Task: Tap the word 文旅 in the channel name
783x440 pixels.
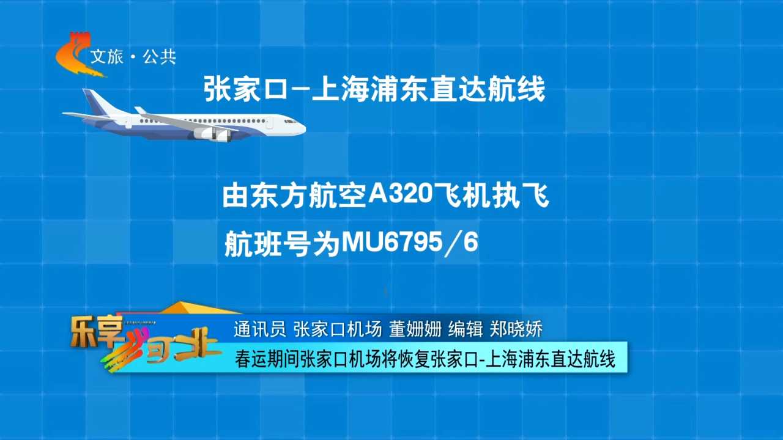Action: [x=107, y=57]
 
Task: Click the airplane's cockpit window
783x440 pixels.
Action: [x=290, y=122]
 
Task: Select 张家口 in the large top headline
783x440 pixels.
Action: [x=245, y=89]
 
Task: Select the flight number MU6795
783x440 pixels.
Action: [x=392, y=243]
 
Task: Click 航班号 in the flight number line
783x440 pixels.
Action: [x=268, y=244]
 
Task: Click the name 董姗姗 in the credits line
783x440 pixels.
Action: [x=415, y=329]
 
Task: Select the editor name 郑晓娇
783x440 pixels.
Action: [x=516, y=329]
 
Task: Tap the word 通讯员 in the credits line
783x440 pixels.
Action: [x=260, y=329]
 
